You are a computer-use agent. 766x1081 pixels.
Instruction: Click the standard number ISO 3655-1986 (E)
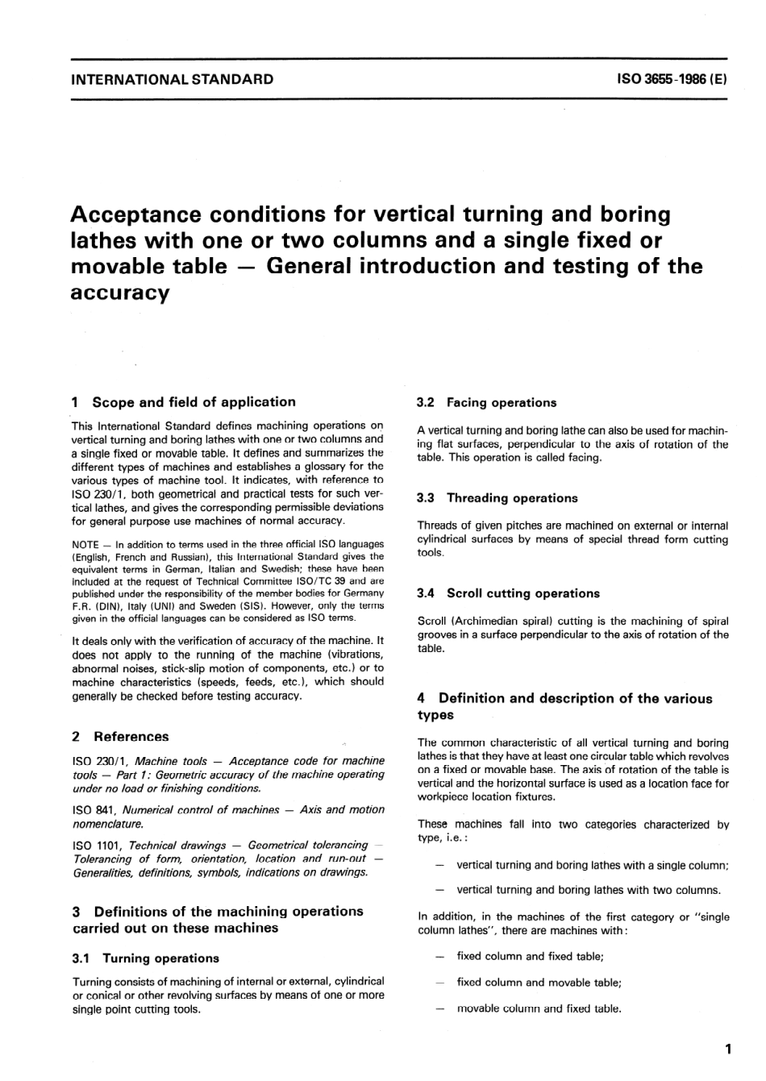coord(672,79)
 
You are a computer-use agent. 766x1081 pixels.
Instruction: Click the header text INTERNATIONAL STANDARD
coord(173,79)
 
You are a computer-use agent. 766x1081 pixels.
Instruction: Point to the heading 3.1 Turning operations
coord(146,958)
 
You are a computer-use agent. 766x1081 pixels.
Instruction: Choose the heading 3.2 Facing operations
coord(487,402)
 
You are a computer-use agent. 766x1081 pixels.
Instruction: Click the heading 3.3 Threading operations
coord(497,498)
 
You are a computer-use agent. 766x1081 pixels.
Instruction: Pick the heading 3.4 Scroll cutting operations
coord(509,592)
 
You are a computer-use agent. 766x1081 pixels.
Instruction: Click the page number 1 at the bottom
coord(727,1049)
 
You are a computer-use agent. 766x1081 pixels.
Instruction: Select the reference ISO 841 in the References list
coord(90,809)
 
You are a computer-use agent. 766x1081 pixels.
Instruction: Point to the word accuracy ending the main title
coord(120,292)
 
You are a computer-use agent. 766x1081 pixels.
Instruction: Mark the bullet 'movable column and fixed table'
coord(539,1008)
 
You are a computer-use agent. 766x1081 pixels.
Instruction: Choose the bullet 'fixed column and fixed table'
coord(530,956)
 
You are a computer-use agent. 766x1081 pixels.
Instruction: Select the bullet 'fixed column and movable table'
coord(539,982)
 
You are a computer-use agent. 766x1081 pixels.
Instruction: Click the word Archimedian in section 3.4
coord(489,621)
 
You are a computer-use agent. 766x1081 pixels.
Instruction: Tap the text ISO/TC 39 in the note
coord(323,580)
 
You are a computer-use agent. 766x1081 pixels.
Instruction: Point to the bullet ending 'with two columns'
coord(589,890)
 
